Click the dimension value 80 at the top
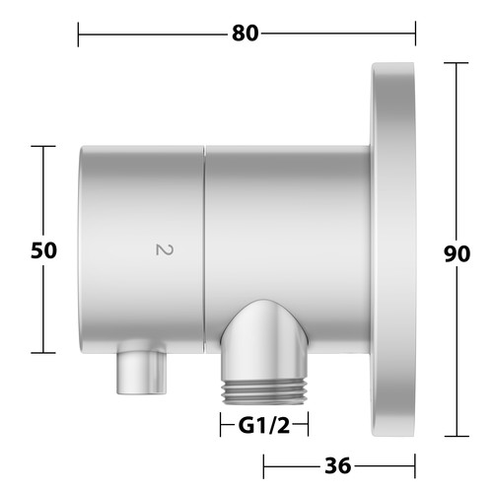click(x=245, y=34)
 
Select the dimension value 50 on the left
click(x=43, y=250)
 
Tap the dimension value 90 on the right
click(x=457, y=253)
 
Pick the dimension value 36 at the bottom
click(x=338, y=465)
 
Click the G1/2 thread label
click(x=264, y=426)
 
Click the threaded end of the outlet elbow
click(x=264, y=392)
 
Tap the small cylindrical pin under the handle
click(x=141, y=373)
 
